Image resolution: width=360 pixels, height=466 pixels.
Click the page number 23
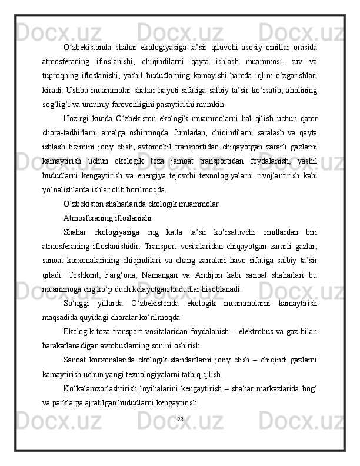(180, 419)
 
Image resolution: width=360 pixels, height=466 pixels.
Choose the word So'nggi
(78, 304)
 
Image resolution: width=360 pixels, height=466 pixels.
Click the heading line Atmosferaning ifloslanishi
(108, 219)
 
